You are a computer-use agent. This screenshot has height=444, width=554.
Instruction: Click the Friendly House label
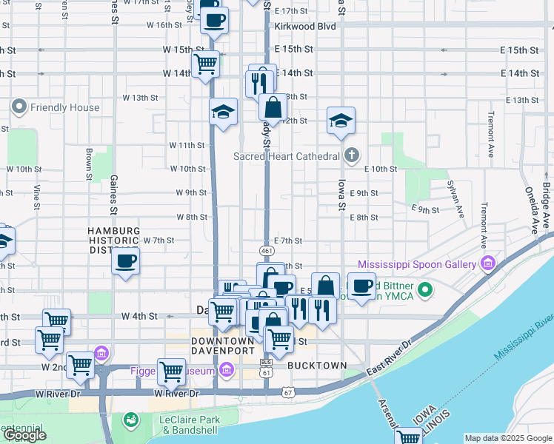[64, 107]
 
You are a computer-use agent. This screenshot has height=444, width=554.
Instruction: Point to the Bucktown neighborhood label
[317, 366]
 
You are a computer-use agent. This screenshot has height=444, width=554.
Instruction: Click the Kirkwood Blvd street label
[305, 26]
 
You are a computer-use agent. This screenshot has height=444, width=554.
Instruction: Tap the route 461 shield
[267, 252]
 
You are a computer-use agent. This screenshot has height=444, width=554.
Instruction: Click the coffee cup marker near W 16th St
[215, 21]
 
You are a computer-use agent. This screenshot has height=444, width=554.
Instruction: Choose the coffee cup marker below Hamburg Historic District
[126, 261]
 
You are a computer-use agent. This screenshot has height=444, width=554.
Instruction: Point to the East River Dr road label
[384, 355]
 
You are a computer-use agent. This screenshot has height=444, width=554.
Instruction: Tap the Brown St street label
[88, 164]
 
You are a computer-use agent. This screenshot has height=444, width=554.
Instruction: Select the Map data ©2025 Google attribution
[508, 438]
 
